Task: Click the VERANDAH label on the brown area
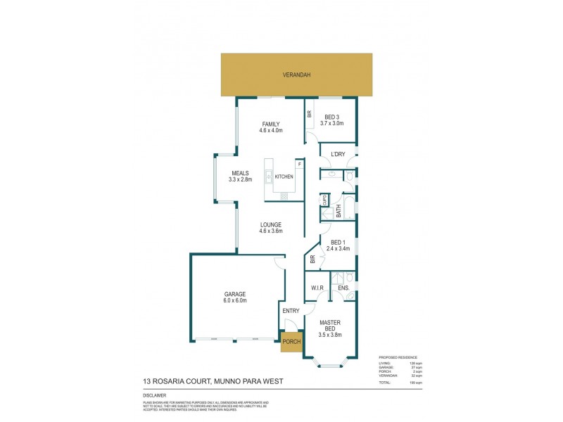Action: pyautogui.click(x=298, y=75)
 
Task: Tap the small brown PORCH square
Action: pyautogui.click(x=291, y=341)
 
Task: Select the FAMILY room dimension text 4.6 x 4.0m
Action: pyautogui.click(x=271, y=130)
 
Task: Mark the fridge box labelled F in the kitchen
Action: pyautogui.click(x=300, y=164)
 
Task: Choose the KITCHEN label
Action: pyautogui.click(x=284, y=177)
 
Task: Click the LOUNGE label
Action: pyautogui.click(x=271, y=224)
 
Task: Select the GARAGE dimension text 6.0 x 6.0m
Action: pyautogui.click(x=235, y=301)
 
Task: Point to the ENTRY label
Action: pyautogui.click(x=291, y=311)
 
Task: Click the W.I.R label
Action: pyautogui.click(x=317, y=288)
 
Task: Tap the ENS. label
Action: pyautogui.click(x=344, y=288)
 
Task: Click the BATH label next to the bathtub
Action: pyautogui.click(x=339, y=210)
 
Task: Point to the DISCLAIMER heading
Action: pyautogui.click(x=156, y=396)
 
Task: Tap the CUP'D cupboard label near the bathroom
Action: pyautogui.click(x=325, y=200)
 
